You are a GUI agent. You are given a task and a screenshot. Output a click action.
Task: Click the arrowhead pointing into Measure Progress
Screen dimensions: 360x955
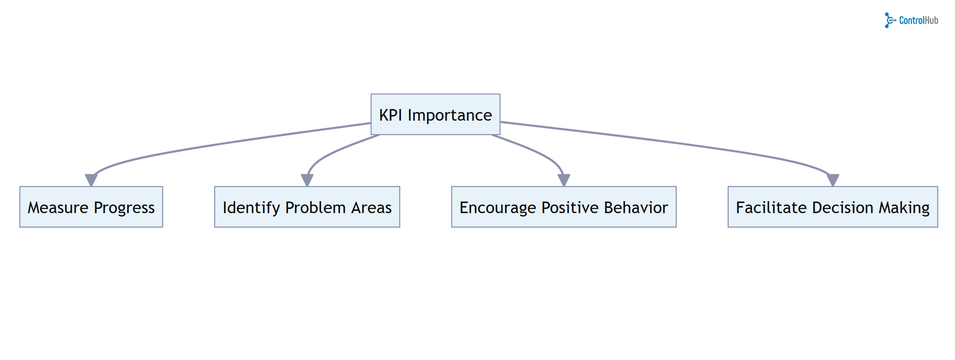click(x=91, y=180)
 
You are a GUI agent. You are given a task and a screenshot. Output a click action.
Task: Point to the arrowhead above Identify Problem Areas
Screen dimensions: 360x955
click(x=307, y=180)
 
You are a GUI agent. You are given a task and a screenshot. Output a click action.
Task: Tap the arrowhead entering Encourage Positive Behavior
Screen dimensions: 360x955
click(x=564, y=180)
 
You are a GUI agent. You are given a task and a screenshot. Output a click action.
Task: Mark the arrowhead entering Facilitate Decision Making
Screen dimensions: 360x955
click(x=833, y=180)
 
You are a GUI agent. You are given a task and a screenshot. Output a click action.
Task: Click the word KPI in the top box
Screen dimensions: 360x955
click(x=391, y=115)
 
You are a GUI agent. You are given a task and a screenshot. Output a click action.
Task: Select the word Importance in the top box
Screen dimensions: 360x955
click(x=449, y=115)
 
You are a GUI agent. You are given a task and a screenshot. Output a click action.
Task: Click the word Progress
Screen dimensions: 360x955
click(x=124, y=208)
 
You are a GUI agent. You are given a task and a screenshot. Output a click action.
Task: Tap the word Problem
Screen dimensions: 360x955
click(x=316, y=208)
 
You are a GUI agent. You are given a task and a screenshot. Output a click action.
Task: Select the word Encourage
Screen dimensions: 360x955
click(x=498, y=208)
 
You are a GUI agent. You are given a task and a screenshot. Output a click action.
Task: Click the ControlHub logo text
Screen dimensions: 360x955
click(x=918, y=21)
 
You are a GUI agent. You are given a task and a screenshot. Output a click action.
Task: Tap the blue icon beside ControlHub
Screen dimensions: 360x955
click(x=889, y=21)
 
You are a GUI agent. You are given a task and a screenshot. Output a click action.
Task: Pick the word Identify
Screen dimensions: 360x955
click(x=251, y=208)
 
